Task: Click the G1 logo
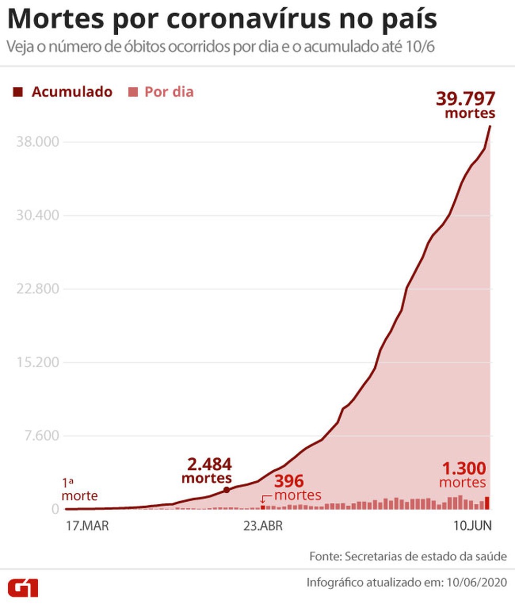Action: click(x=23, y=588)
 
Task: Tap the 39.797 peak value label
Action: click(x=465, y=98)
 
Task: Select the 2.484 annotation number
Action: click(x=209, y=465)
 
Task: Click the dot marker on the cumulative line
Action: click(x=227, y=490)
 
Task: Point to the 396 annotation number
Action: click(x=289, y=481)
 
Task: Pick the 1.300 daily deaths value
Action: click(x=464, y=468)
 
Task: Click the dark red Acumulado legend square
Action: click(x=18, y=92)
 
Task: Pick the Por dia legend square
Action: click(x=133, y=92)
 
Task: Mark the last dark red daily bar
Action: click(x=487, y=503)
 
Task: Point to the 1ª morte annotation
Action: click(x=80, y=489)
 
